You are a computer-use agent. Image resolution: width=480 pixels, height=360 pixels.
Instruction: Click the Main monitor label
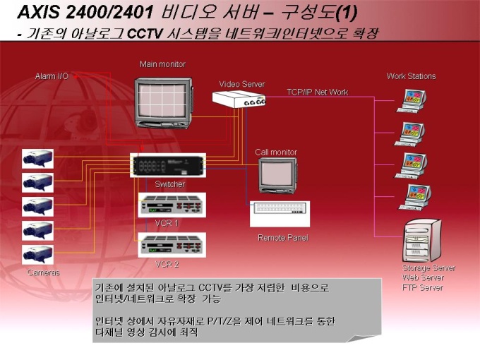click(162, 64)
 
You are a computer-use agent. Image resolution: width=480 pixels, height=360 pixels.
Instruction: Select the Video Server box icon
click(239, 99)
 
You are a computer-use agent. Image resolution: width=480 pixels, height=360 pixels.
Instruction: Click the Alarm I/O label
click(52, 76)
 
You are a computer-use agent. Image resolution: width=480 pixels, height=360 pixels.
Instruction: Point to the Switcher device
click(168, 165)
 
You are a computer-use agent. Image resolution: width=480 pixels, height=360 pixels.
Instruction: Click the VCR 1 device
click(172, 205)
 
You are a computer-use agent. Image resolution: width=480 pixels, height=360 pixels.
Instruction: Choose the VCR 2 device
click(172, 245)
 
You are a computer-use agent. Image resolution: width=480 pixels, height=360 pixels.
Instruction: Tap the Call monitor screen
click(277, 174)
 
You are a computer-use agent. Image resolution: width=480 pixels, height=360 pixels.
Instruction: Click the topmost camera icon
click(37, 159)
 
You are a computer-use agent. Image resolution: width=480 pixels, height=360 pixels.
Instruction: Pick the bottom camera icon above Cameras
click(37, 254)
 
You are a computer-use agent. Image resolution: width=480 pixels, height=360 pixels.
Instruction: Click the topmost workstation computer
click(412, 101)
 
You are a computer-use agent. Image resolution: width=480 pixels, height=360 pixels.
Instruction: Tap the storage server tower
click(422, 240)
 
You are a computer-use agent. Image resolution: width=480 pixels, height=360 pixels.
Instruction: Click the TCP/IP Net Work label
click(318, 92)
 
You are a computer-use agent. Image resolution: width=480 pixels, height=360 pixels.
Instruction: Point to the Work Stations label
click(411, 76)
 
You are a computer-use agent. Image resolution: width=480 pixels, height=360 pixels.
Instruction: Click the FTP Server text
click(423, 287)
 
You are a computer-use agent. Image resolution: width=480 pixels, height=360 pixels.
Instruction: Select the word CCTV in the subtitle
click(145, 34)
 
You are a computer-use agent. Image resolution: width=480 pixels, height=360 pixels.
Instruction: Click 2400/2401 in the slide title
click(109, 12)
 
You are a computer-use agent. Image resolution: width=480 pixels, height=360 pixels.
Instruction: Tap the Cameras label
click(44, 272)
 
